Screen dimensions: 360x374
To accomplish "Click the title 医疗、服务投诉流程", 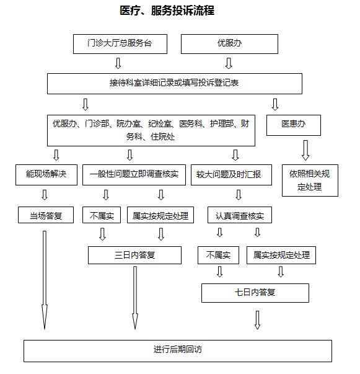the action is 167,11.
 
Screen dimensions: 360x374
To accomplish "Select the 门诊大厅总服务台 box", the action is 120,44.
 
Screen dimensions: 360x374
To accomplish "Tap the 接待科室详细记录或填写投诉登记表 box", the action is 175,84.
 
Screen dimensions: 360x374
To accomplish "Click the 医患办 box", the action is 294,125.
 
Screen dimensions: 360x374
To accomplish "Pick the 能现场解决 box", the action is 46,175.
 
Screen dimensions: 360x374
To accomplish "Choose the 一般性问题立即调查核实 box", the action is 134,175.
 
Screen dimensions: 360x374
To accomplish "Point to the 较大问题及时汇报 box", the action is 231,175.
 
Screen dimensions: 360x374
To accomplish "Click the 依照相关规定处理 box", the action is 310,180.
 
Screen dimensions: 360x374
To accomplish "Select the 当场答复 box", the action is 46,215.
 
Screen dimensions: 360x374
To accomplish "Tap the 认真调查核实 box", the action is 240,215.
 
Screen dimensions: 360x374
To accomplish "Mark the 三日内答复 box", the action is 134,255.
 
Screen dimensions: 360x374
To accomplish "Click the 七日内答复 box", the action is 255,293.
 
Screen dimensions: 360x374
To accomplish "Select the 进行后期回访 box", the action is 178,351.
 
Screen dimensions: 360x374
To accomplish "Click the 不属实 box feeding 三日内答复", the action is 102,215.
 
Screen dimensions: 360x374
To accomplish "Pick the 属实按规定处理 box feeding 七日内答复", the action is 281,255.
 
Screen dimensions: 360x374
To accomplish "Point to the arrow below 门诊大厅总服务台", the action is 118,63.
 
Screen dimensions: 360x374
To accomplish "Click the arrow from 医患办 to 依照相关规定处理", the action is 305,150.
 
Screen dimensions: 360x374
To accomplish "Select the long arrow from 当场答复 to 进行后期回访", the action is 45,280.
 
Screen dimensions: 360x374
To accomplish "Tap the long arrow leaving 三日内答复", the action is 135,298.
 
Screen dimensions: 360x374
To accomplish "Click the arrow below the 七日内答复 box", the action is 257,320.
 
